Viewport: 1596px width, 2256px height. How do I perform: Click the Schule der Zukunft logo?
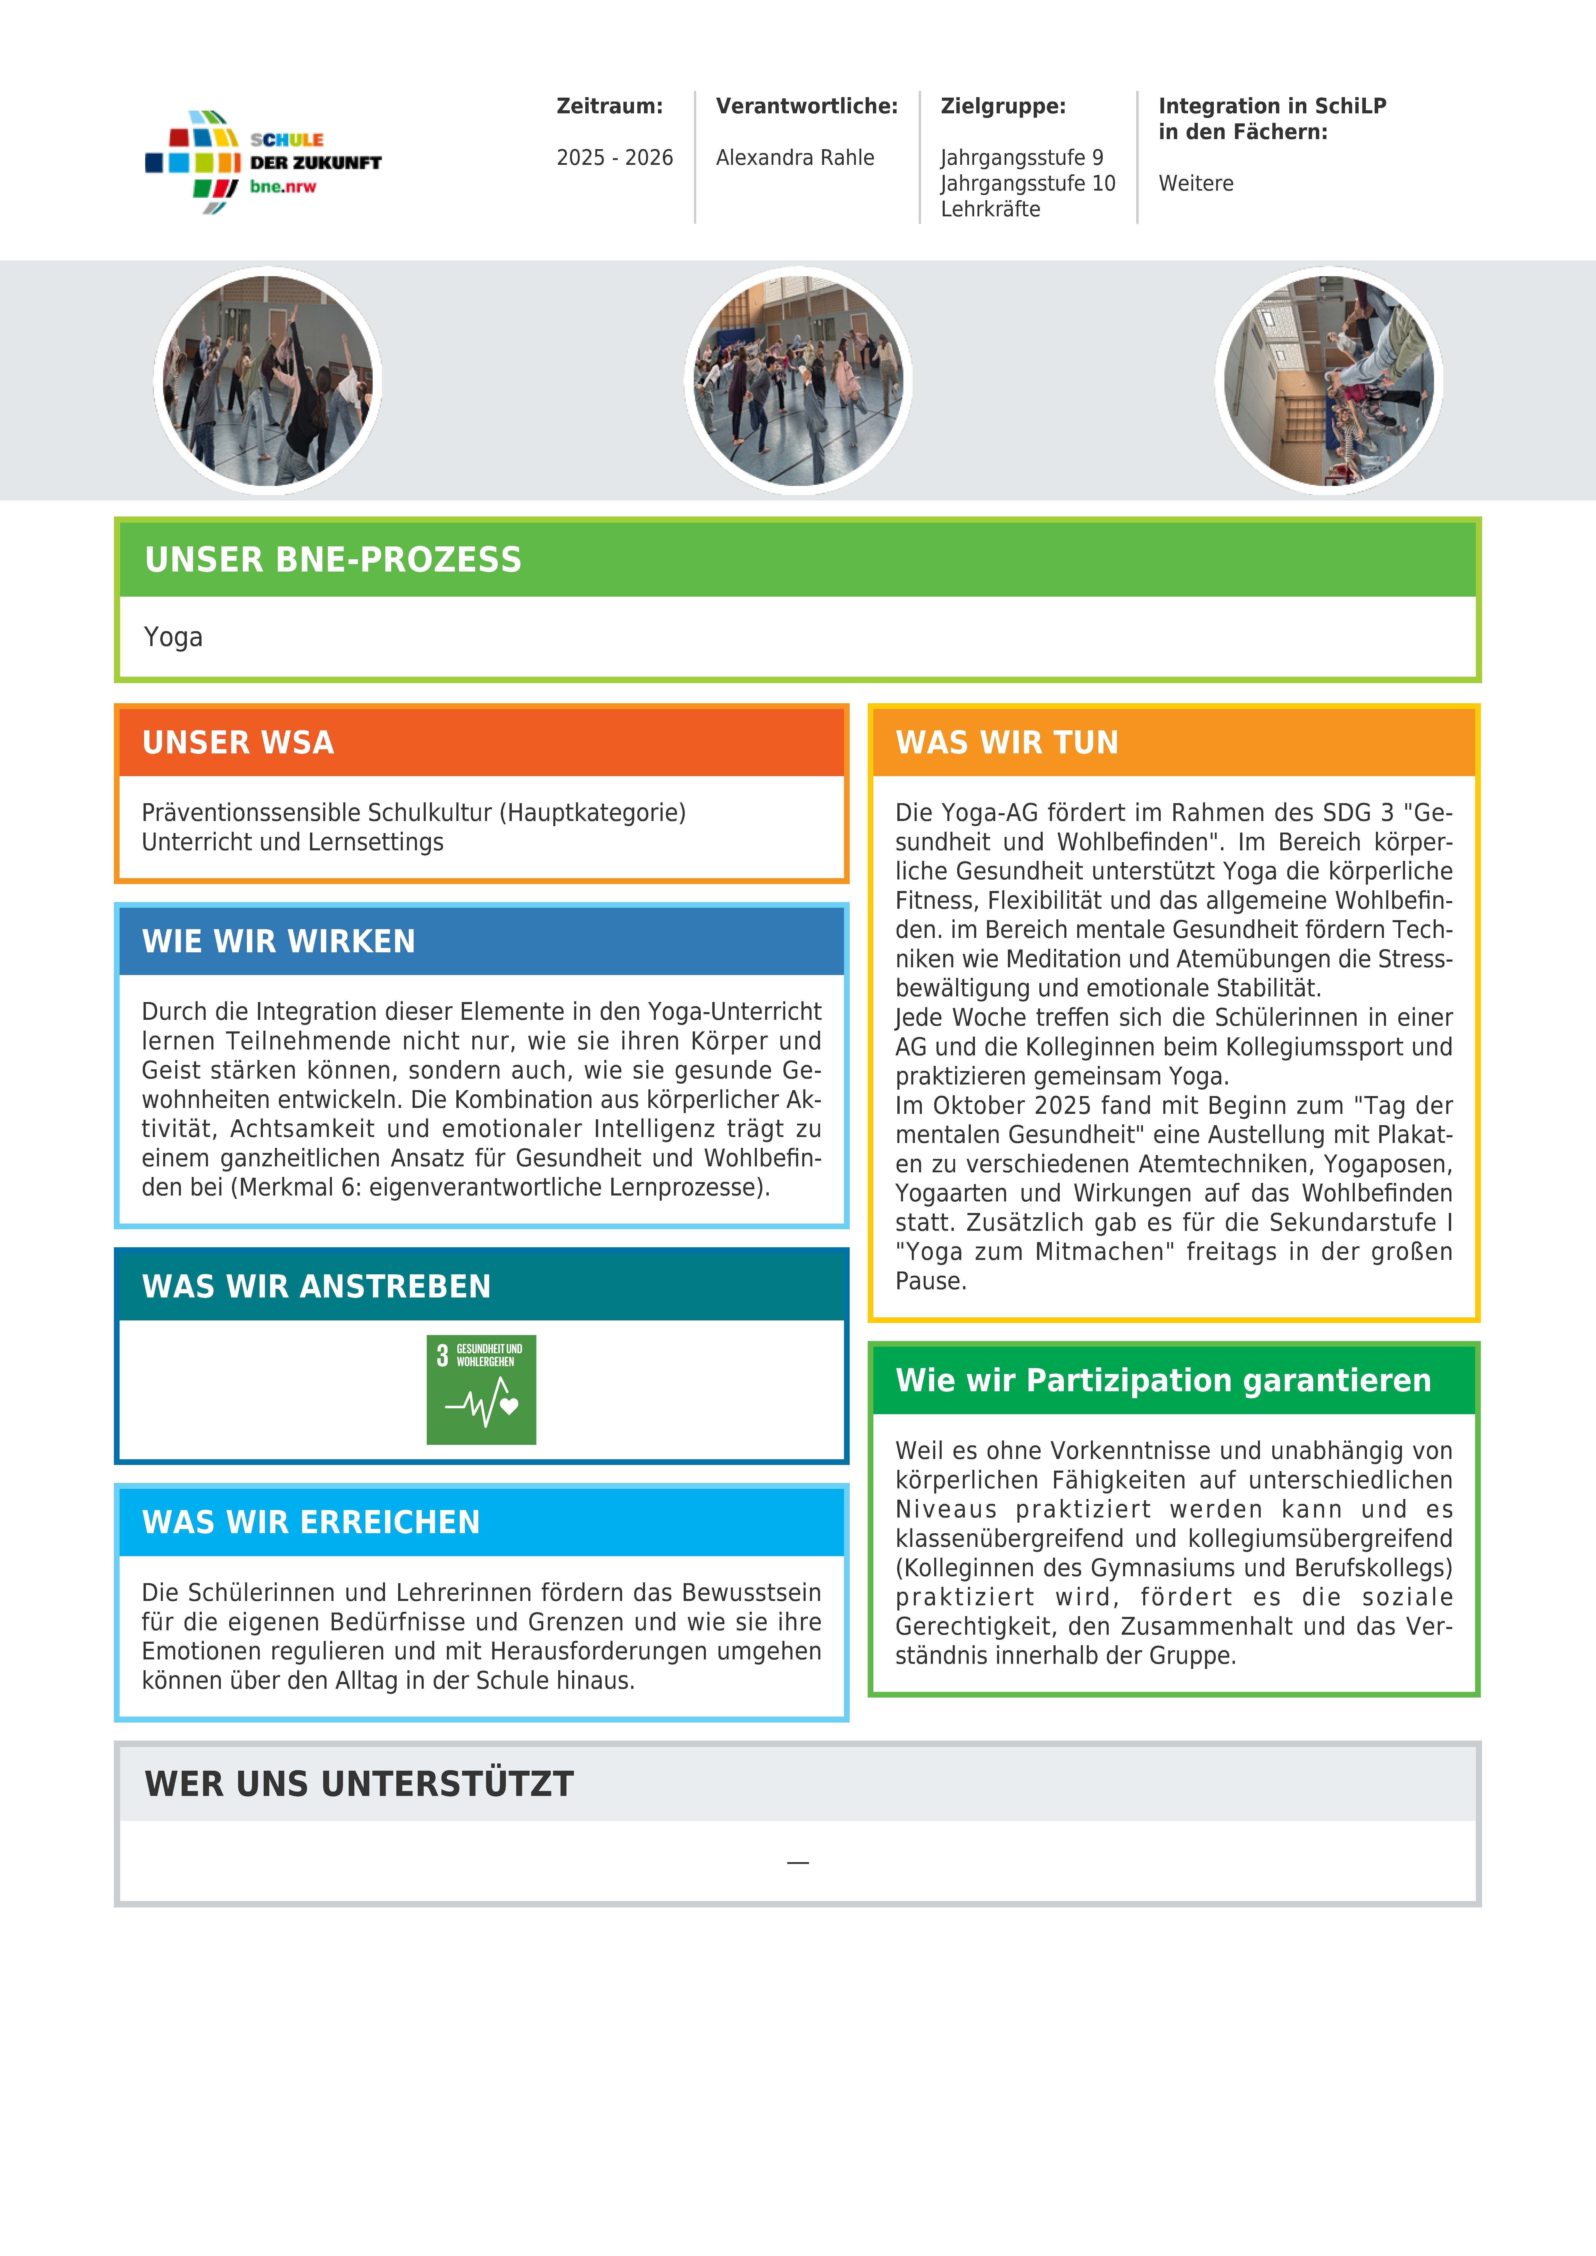coord(262,162)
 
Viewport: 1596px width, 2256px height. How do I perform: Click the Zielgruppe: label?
coord(1002,106)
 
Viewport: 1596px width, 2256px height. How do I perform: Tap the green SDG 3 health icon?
coord(481,1389)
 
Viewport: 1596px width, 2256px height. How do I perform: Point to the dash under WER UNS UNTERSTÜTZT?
coord(797,1862)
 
